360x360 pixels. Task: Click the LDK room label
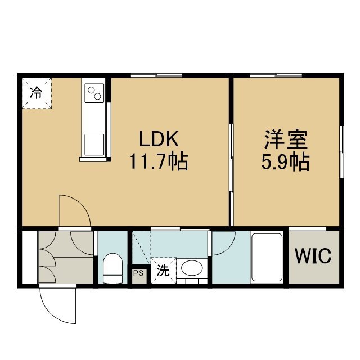pyautogui.click(x=159, y=139)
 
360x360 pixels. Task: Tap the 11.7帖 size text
pyautogui.click(x=159, y=161)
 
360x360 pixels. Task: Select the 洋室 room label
pyautogui.click(x=286, y=139)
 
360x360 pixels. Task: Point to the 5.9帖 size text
pyautogui.click(x=285, y=161)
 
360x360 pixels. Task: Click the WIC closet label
pyautogui.click(x=313, y=256)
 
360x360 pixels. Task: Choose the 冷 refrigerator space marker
pyautogui.click(x=37, y=93)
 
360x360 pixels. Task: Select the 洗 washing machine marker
pyautogui.click(x=164, y=271)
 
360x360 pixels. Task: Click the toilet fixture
pyautogui.click(x=112, y=268)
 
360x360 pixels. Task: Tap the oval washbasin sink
pyautogui.click(x=192, y=268)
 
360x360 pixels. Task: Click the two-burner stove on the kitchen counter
pyautogui.click(x=94, y=93)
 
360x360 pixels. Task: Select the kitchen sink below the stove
pyautogui.click(x=94, y=145)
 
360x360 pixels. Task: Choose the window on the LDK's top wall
pyautogui.click(x=156, y=75)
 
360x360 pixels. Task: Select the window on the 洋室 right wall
pyautogui.click(x=341, y=152)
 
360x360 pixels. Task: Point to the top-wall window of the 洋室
pyautogui.click(x=276, y=75)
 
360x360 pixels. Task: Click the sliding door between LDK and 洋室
pyautogui.click(x=231, y=174)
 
